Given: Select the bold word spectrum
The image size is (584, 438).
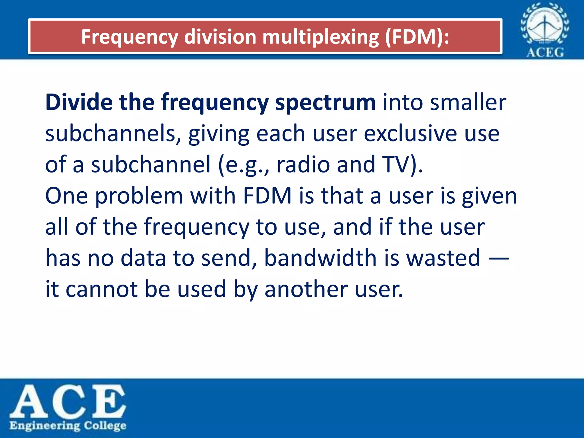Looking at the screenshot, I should pos(325,103).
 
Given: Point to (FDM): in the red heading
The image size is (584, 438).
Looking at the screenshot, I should pos(417,37).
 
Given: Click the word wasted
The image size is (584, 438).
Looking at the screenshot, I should pos(443,258).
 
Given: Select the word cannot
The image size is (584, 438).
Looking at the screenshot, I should pos(102,289).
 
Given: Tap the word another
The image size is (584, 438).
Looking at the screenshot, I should pos(306,289).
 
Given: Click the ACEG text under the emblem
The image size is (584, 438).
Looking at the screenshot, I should pos(545,52).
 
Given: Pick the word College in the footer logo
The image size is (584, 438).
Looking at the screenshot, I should pos(105,426).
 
